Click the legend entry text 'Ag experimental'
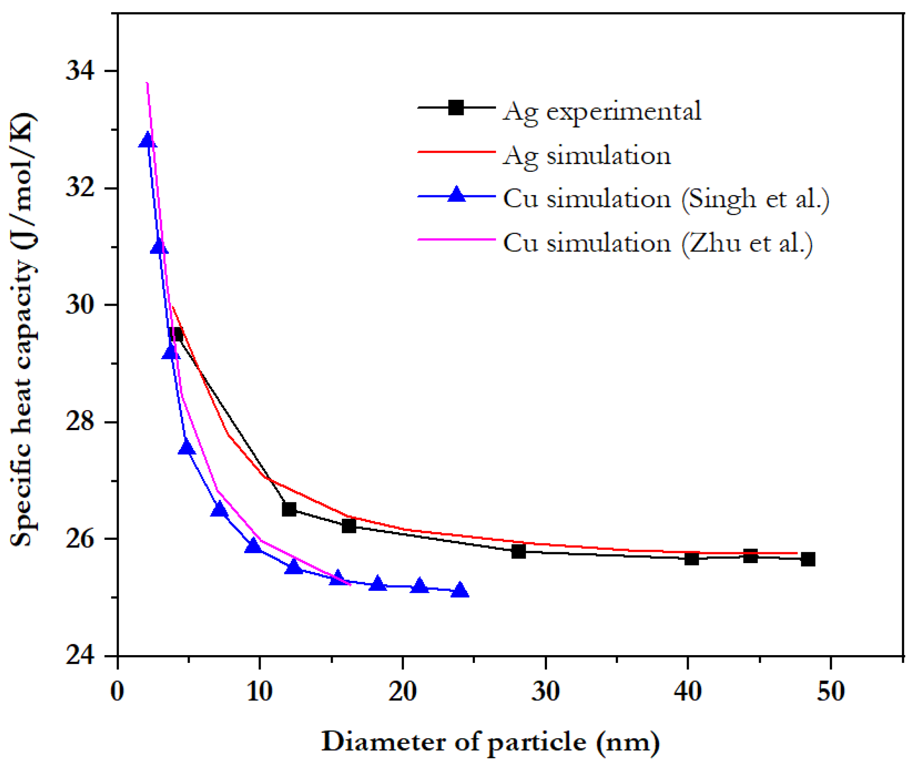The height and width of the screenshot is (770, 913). [601, 111]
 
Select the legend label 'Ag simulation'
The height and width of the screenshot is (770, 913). [586, 155]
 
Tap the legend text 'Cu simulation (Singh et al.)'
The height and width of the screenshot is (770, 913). [665, 199]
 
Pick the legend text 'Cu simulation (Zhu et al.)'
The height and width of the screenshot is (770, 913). [657, 243]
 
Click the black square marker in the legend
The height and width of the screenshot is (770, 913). [456, 108]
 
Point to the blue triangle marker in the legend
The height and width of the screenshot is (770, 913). [456, 195]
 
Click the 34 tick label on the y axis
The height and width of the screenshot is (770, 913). [80, 71]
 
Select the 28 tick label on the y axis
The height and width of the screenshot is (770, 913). [80, 422]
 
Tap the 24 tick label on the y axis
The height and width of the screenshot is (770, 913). [80, 656]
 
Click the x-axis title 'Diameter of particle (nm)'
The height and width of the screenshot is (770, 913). [490, 742]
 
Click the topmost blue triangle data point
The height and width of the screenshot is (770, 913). [147, 140]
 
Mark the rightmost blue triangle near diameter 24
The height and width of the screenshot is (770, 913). [459, 590]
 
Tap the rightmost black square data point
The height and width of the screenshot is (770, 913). [808, 559]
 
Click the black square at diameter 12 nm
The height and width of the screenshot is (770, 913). [289, 509]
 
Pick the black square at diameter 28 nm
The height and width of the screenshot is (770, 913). [518, 551]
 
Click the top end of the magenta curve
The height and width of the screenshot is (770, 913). [147, 83]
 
